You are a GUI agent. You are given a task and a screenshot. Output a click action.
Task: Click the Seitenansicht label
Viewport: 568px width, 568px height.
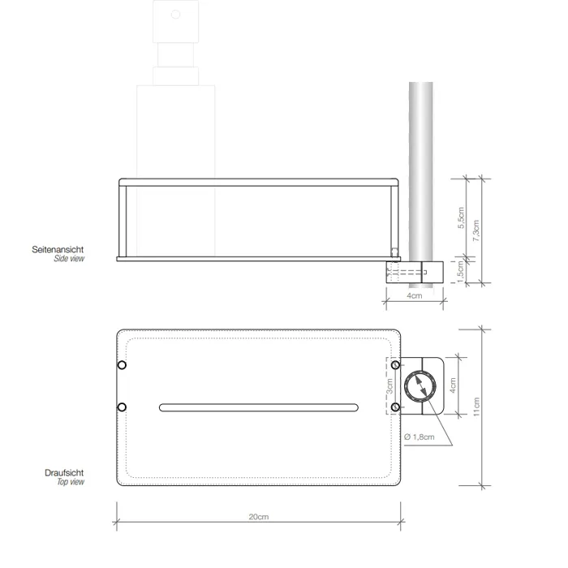pyautogui.click(x=58, y=249)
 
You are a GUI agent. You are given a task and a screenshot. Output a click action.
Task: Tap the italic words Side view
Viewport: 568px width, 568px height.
pyautogui.click(x=69, y=259)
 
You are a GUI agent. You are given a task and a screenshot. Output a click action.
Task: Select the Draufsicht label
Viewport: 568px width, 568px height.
pyautogui.click(x=64, y=473)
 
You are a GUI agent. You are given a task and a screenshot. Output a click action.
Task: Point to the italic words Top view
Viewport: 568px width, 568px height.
pyautogui.click(x=71, y=482)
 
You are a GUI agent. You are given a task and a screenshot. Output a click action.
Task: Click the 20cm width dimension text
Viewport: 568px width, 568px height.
pyautogui.click(x=259, y=517)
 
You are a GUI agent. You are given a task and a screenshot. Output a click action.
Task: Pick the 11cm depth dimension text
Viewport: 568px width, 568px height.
pyautogui.click(x=476, y=407)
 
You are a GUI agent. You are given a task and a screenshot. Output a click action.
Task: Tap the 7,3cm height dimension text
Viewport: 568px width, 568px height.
pyautogui.click(x=476, y=230)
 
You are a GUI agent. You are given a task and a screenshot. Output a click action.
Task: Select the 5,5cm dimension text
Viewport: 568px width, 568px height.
pyautogui.click(x=461, y=217)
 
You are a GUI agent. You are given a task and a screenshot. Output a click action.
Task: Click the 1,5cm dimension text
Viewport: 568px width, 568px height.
pyautogui.click(x=460, y=272)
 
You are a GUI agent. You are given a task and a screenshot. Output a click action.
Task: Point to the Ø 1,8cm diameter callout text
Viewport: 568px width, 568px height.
pyautogui.click(x=420, y=437)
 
